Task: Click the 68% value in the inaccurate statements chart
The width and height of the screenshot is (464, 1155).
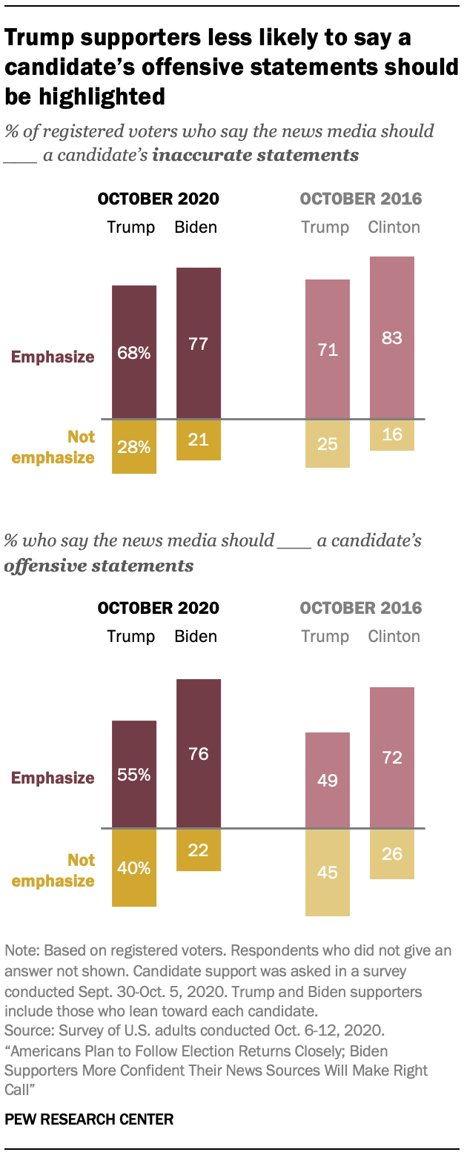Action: click(134, 354)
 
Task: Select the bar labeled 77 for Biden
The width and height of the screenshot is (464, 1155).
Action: click(199, 343)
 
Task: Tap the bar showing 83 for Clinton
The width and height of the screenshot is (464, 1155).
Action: click(392, 338)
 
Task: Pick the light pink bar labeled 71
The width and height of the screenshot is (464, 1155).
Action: click(328, 349)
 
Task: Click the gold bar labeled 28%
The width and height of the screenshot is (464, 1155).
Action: click(134, 446)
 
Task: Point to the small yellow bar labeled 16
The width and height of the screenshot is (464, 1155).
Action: click(392, 435)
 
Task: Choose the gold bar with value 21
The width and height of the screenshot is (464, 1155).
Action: click(199, 440)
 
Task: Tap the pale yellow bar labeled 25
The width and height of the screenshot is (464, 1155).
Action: click(328, 444)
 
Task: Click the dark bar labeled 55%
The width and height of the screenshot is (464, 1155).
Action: click(134, 775)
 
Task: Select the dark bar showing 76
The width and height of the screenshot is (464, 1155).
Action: click(199, 754)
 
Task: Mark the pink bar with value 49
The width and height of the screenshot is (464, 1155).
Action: click(328, 780)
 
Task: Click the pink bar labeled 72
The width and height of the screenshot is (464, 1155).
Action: click(392, 758)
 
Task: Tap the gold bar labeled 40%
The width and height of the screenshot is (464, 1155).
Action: click(134, 867)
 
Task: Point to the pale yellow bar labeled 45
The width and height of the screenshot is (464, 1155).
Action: click(328, 873)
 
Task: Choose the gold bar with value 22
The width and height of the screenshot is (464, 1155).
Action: click(199, 850)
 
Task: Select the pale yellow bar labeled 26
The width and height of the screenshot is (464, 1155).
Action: click(392, 854)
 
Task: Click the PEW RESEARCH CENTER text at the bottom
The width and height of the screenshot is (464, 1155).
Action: click(89, 1119)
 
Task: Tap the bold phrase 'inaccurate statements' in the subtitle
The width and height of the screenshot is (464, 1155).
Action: click(256, 155)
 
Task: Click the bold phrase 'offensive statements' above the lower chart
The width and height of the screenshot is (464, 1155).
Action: click(99, 566)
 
